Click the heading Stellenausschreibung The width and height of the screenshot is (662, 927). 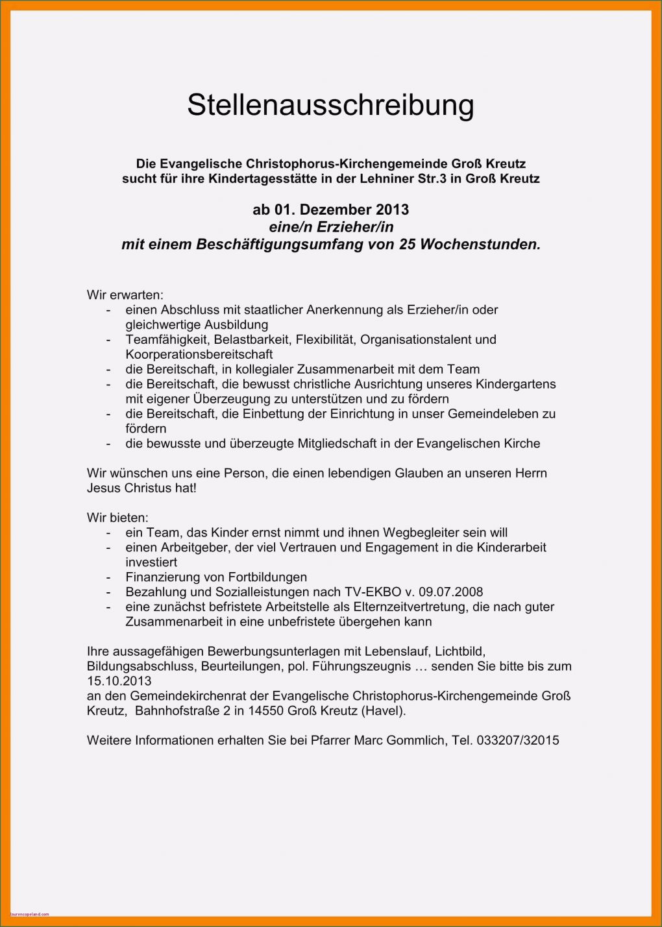(330, 105)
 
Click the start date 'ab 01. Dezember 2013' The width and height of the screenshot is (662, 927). (330, 210)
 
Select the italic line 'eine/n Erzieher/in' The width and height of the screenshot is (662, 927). (330, 227)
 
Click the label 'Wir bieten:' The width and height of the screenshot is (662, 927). (117, 518)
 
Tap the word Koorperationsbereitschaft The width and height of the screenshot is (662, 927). (199, 354)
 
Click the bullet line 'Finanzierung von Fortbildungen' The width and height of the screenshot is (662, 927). (216, 577)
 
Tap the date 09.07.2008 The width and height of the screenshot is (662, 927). (452, 592)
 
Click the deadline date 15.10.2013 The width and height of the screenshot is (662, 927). (119, 681)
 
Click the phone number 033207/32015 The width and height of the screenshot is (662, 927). (517, 740)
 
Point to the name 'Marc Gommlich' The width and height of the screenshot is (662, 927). (400, 740)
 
